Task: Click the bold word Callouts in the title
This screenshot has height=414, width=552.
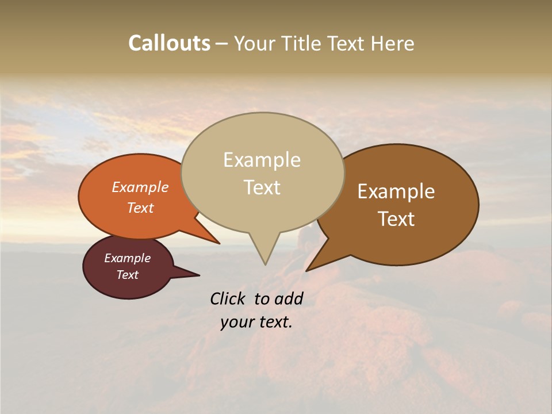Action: pos(169,43)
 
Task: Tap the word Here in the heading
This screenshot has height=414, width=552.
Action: pos(392,43)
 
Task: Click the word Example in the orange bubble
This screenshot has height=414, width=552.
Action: pos(140,187)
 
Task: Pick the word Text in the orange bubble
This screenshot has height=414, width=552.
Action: pos(140,208)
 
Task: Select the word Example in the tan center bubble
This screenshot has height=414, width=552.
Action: pos(262,160)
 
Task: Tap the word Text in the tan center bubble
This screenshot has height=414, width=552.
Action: pos(262,187)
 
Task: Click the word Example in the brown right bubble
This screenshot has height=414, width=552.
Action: pos(396,191)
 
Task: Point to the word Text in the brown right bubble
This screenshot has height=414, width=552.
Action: pos(396,219)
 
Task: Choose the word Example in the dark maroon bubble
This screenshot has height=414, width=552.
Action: pos(127,258)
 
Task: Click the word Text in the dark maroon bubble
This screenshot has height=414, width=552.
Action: pos(127,275)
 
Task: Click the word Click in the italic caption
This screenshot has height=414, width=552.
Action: pos(229,298)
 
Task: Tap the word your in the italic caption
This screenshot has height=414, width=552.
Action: pos(236,322)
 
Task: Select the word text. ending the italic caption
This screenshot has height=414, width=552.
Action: pos(275,322)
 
